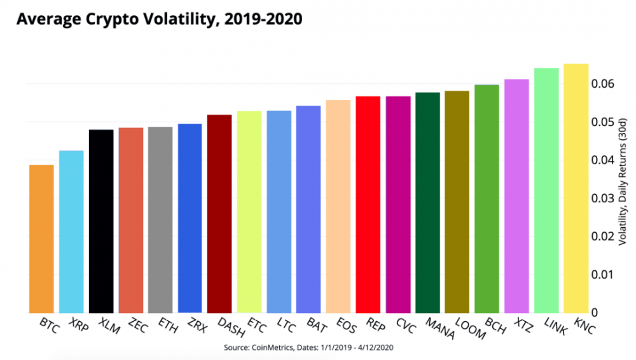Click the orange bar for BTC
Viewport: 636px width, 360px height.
(x=41, y=239)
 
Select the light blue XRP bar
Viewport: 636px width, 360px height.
(x=71, y=232)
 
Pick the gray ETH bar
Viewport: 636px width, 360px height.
(x=160, y=220)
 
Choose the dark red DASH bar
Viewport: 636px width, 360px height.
(x=219, y=214)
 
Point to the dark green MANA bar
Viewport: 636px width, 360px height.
(x=427, y=203)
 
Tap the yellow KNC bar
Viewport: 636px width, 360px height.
(x=576, y=188)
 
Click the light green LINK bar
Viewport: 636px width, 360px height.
(x=546, y=190)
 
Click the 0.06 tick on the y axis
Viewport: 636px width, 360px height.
(x=603, y=83)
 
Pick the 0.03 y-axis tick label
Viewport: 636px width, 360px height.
(x=603, y=198)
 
